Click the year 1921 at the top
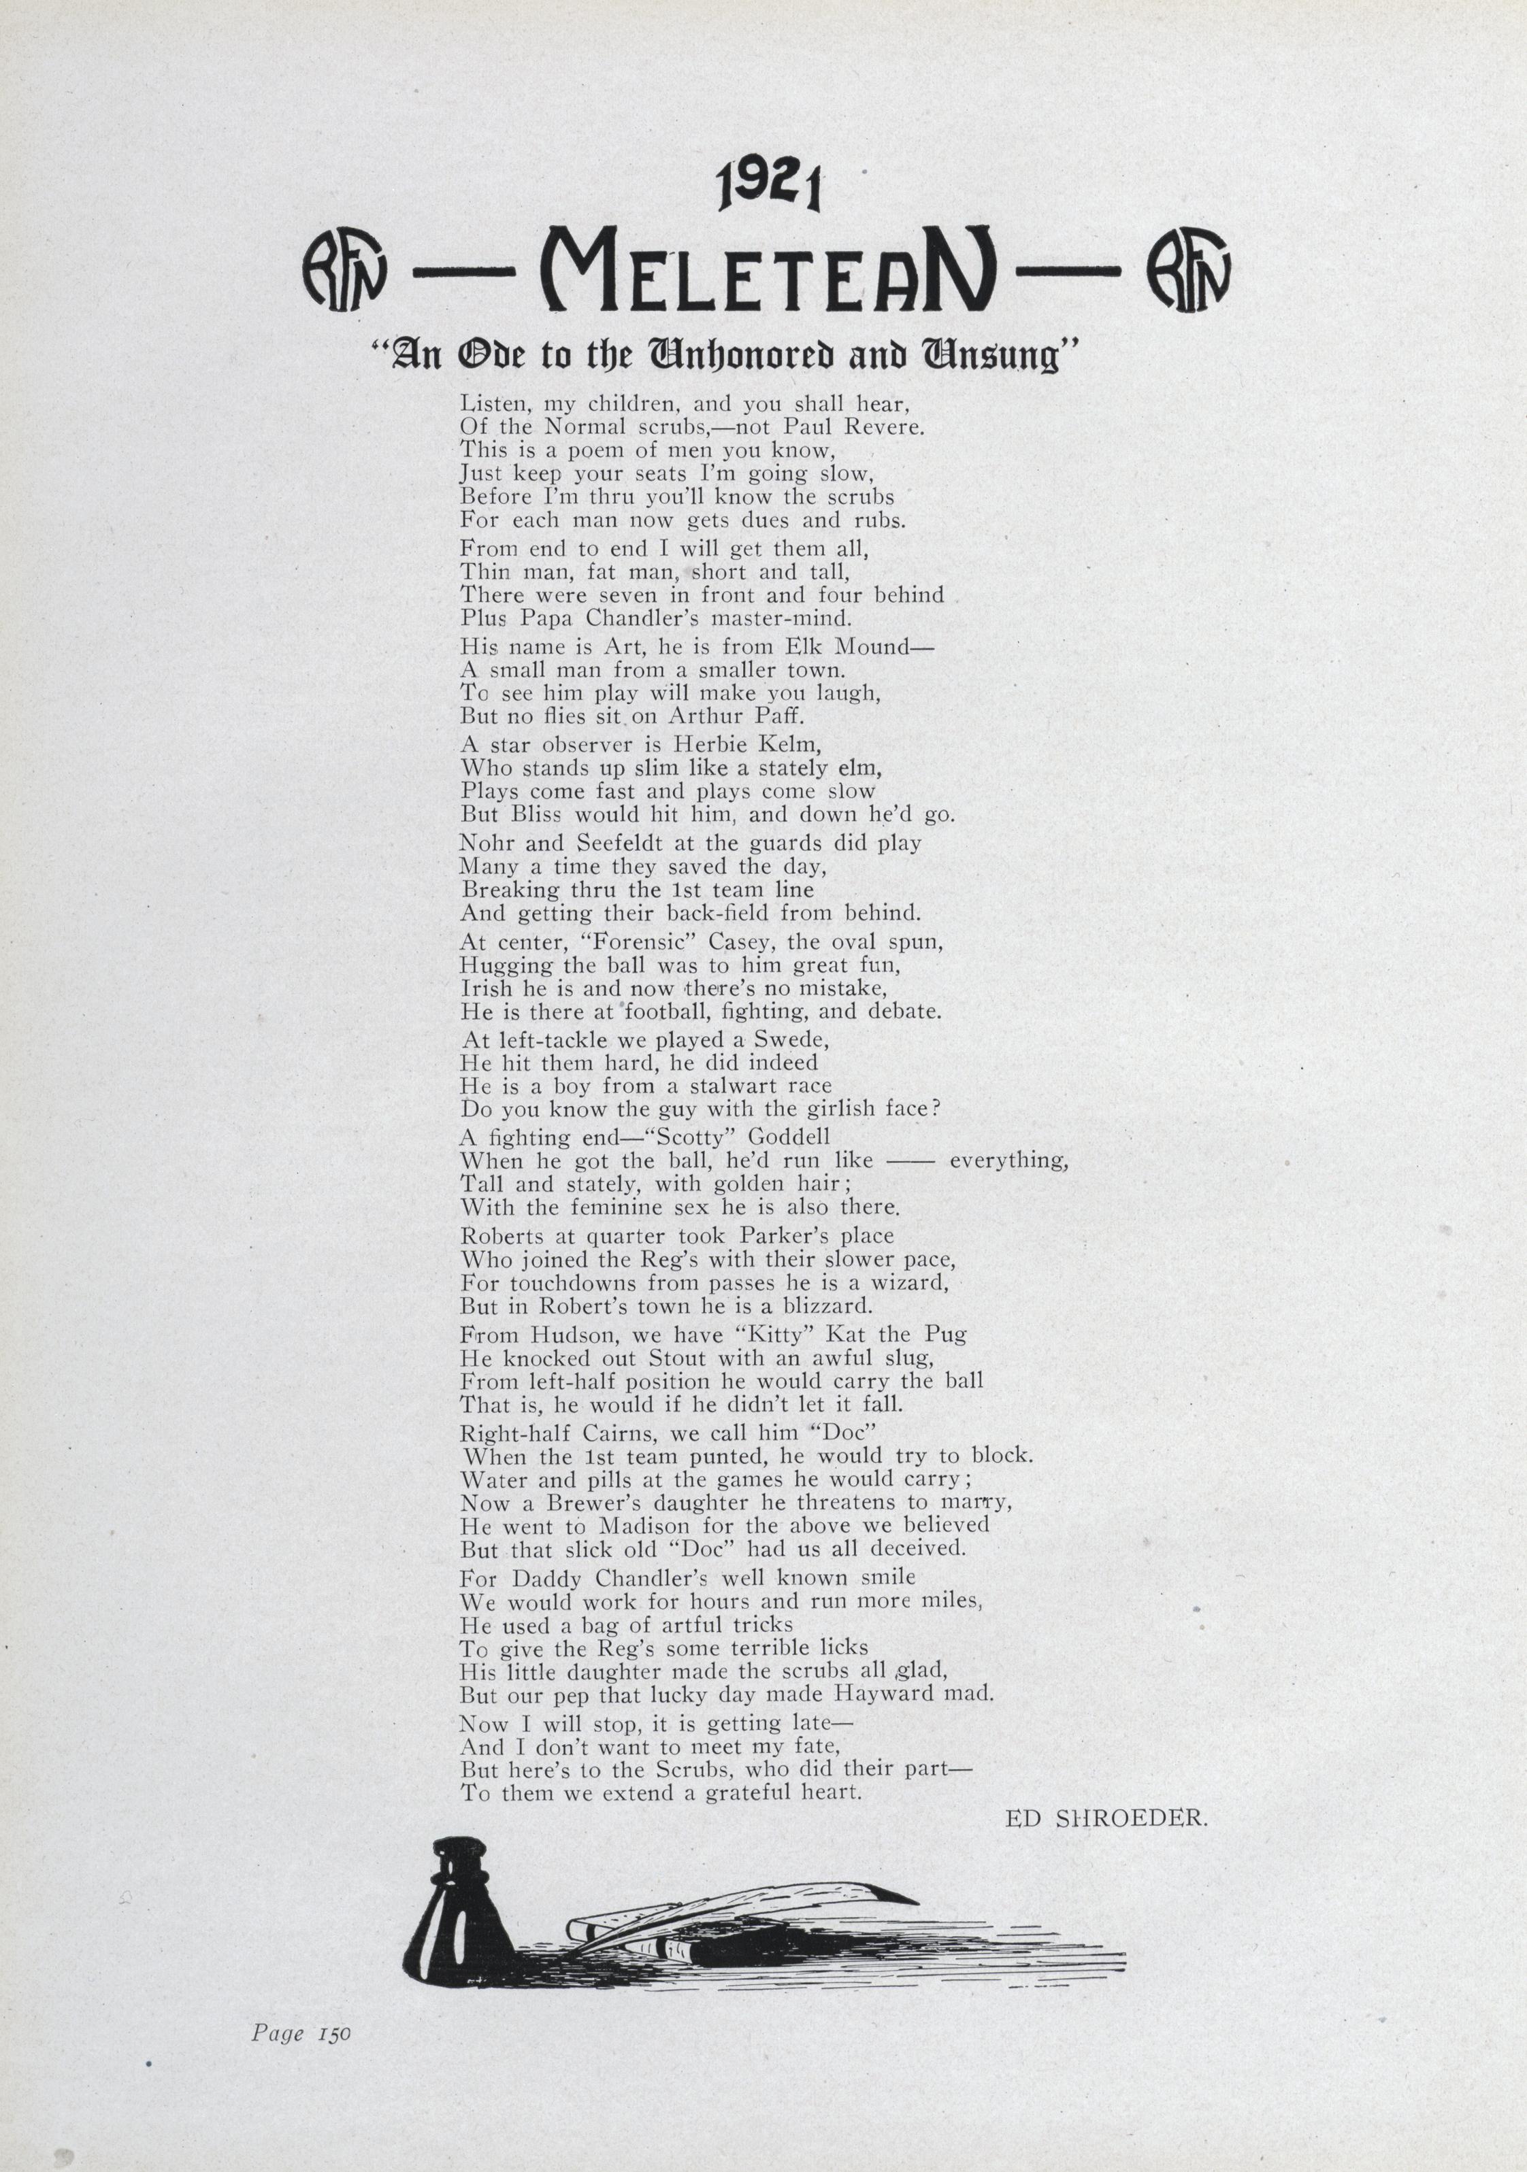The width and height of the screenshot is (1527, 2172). tap(769, 187)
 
